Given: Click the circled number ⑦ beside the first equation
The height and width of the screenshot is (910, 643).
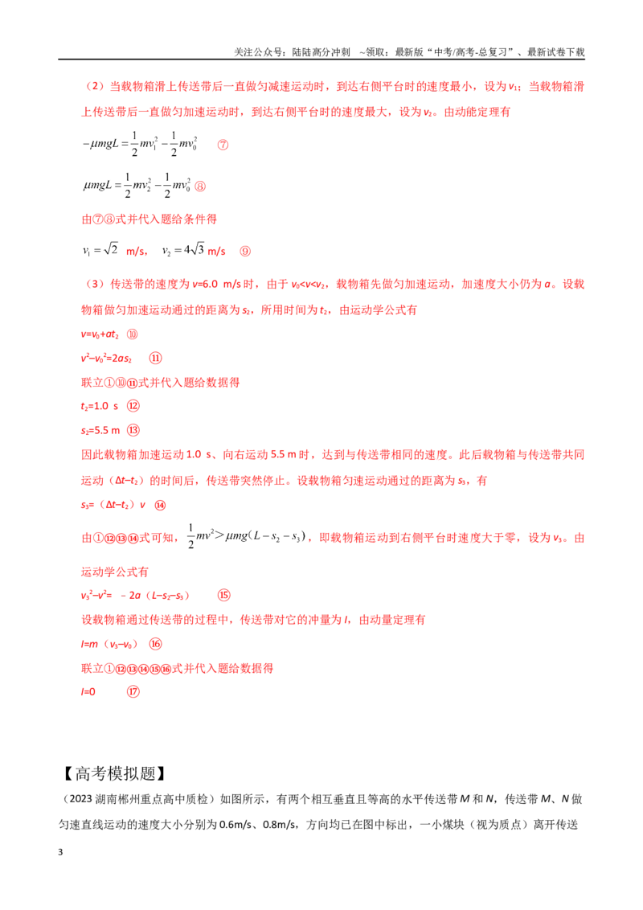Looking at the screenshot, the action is [223, 145].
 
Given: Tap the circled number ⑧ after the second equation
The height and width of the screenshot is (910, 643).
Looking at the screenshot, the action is [200, 187].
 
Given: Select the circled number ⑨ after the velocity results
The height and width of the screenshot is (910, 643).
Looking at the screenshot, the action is [245, 252].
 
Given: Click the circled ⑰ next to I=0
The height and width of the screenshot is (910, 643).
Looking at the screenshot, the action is [133, 692].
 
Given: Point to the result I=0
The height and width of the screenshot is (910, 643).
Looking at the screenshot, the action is [88, 692].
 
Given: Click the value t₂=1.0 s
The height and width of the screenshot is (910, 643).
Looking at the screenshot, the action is [100, 406].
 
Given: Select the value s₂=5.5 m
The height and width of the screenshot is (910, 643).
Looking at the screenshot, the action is [100, 431].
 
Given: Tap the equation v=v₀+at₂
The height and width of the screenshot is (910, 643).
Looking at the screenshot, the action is [100, 335].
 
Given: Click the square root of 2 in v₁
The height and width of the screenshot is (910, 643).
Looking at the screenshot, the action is [111, 249].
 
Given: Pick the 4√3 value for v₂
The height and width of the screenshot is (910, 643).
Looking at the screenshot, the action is [194, 249].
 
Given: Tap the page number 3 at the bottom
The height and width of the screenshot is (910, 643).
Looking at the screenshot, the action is [60, 852].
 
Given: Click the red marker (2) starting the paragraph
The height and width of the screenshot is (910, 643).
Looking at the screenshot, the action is [95, 87].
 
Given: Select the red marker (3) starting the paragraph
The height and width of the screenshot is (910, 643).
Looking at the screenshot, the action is [95, 285].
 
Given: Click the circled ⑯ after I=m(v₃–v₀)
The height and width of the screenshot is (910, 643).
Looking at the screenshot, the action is [156, 644].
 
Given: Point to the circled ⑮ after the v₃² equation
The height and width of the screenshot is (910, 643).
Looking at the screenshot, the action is [224, 596].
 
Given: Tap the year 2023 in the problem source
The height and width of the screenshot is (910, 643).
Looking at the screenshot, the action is [81, 799].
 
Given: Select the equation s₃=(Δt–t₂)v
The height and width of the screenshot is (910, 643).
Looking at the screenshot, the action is [113, 505].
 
